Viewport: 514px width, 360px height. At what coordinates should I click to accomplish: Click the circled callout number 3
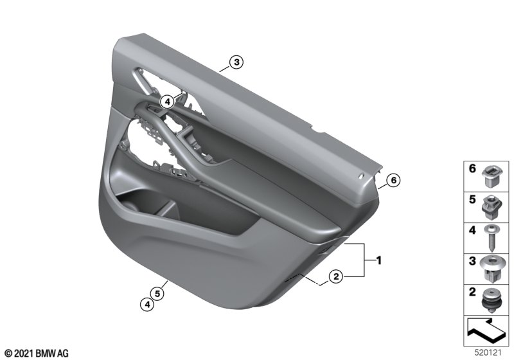(236, 62)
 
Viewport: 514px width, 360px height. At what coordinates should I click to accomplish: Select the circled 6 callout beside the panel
(393, 180)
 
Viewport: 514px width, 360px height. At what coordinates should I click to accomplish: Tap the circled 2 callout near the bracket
(336, 276)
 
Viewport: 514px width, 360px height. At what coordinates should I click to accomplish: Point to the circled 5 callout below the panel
(157, 293)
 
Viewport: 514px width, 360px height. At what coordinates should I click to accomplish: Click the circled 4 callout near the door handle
(168, 102)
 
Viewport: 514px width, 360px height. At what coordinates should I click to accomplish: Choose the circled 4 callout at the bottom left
(147, 305)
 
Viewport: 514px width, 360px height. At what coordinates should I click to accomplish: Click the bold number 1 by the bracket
(378, 260)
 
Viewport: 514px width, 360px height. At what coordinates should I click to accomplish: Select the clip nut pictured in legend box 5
(492, 206)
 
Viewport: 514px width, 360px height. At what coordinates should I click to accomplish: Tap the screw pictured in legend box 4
(491, 237)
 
